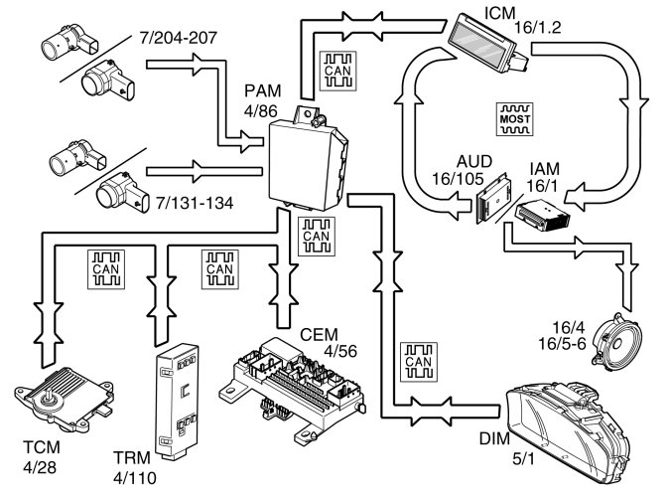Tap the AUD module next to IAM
click(x=491, y=205)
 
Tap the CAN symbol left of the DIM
click(x=416, y=361)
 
